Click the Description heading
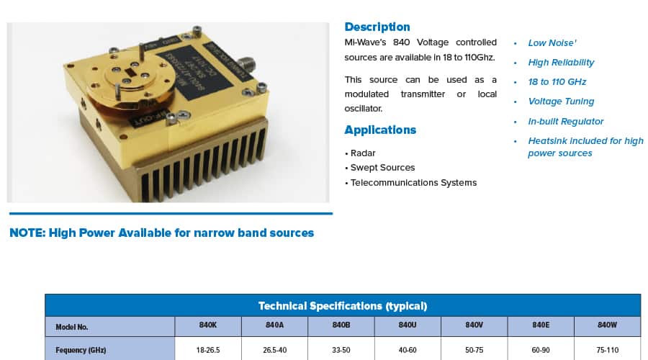tap(377, 27)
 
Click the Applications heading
tap(380, 130)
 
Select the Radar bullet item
tap(362, 153)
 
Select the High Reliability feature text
tap(561, 63)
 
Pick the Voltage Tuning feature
tap(561, 102)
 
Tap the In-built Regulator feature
tap(565, 122)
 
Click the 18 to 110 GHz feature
tap(557, 82)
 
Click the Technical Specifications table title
tap(343, 306)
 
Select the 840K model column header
tap(208, 325)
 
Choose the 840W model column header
tap(607, 325)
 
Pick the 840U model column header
tap(408, 325)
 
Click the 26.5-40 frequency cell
tap(274, 350)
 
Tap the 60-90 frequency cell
tap(541, 350)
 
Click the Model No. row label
tap(72, 327)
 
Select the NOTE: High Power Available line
tap(162, 233)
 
